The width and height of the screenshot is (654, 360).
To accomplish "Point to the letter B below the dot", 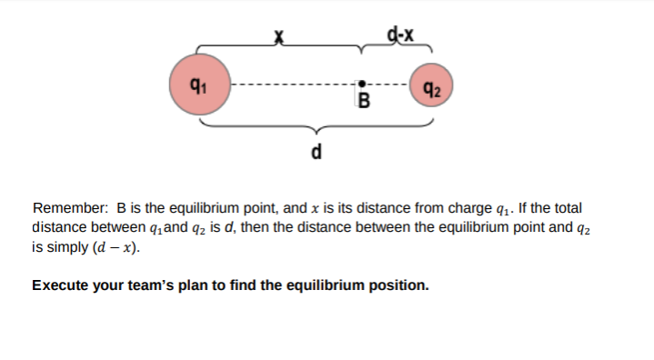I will pyautogui.click(x=365, y=99).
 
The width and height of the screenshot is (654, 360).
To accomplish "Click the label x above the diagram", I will pyautogui.click(x=280, y=36).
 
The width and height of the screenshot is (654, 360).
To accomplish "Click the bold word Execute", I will pyautogui.click(x=60, y=285).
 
